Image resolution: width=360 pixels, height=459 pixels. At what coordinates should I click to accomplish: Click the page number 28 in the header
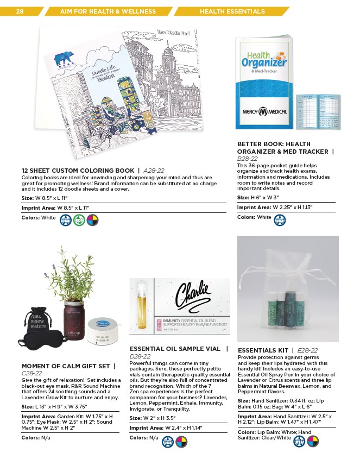[20, 11]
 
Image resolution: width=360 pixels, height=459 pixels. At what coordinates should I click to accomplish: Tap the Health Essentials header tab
[232, 11]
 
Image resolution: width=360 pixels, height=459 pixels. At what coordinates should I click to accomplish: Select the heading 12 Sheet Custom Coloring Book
[77, 171]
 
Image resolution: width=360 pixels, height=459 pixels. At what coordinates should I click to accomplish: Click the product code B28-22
[248, 158]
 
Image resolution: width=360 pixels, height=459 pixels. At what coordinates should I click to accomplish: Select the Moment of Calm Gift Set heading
[65, 366]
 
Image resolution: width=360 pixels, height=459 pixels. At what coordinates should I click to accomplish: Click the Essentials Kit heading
[263, 350]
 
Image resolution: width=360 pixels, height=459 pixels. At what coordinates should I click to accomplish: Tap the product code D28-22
[140, 356]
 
